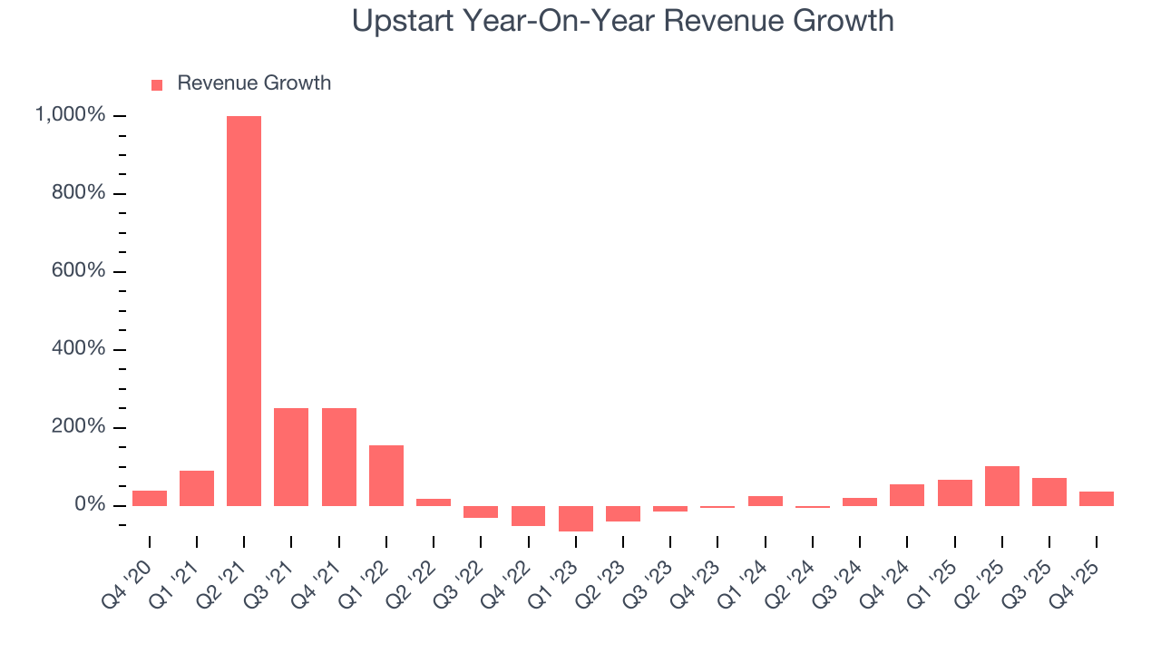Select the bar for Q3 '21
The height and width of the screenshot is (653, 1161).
coord(291,456)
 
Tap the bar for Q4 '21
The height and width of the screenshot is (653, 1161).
coord(338,456)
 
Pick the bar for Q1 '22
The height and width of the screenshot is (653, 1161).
coord(386,475)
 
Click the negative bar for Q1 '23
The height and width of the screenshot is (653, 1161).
coord(576,518)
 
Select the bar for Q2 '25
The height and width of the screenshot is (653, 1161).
coord(1002,486)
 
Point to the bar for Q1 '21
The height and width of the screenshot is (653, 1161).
coord(197,488)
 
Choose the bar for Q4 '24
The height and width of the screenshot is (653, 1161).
coord(907,495)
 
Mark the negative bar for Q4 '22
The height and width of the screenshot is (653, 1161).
coord(528,515)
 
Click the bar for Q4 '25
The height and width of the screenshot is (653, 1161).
coord(1097,498)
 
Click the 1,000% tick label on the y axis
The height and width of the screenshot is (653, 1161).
coord(70,115)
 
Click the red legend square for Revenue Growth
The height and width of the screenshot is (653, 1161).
coord(157,84)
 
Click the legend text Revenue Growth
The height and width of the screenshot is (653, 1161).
coord(254,83)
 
